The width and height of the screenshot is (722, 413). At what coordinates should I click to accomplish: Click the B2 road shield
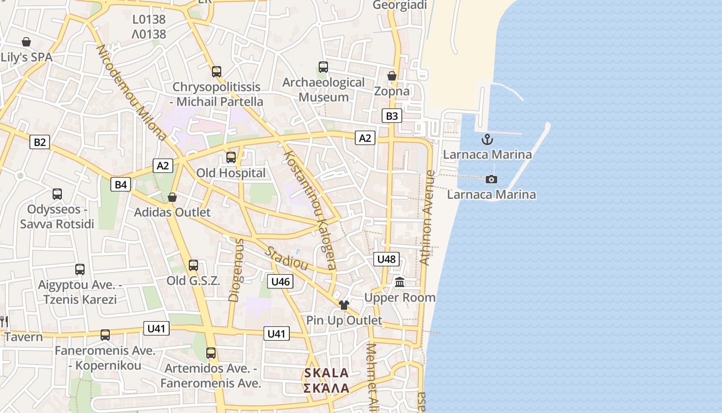pos(40,142)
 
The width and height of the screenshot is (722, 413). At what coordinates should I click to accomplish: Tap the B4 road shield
pos(121,184)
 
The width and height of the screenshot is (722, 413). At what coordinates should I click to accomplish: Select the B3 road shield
pos(392,116)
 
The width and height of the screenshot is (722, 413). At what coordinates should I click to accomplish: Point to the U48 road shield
pos(386,259)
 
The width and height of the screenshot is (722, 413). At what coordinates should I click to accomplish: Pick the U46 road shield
pos(281,281)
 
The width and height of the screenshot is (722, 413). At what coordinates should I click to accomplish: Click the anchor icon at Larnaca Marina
pos(487,139)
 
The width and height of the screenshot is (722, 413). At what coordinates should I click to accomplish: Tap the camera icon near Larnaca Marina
pos(491,179)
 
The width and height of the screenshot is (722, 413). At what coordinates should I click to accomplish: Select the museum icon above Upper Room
pos(400,282)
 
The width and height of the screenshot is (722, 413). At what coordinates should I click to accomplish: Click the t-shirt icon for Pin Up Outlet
pos(344,305)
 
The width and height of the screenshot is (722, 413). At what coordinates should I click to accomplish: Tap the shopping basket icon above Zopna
pos(392,76)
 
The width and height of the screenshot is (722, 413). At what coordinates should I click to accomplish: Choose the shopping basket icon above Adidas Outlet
pos(172,197)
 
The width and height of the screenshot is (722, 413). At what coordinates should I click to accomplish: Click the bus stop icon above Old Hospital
pos(231,157)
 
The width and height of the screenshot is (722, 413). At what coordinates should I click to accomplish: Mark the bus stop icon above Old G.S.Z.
pos(193,265)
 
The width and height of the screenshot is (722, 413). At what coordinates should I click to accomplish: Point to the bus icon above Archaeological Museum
pos(323,67)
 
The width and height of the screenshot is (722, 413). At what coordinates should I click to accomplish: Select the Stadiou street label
pos(286,258)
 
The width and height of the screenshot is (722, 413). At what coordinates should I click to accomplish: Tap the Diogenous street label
pos(235,269)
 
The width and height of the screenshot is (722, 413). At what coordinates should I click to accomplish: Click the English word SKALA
pos(326,373)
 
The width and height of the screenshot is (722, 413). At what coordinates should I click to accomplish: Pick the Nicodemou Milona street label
pos(132,93)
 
